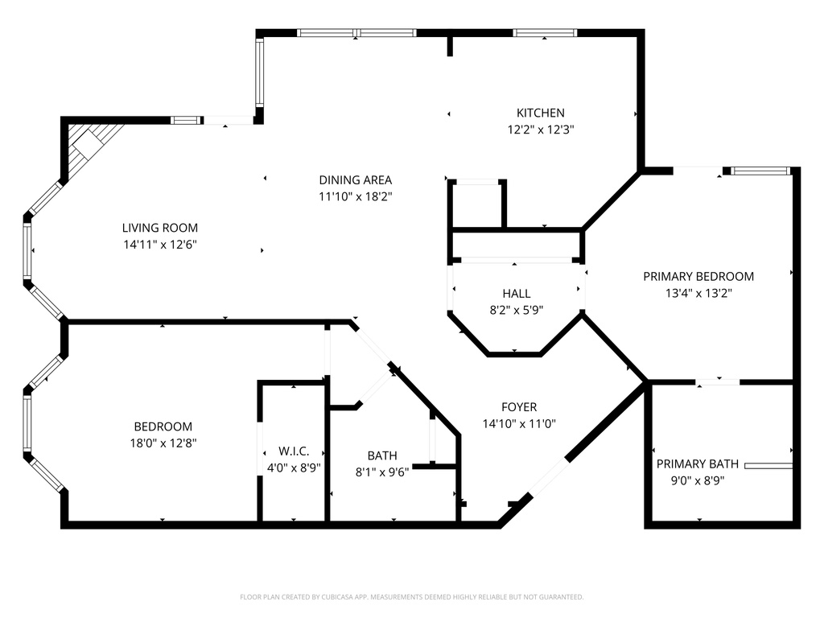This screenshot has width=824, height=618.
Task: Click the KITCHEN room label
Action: click(540, 113)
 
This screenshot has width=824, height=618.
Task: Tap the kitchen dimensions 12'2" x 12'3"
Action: click(540, 129)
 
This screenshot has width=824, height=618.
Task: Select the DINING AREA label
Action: click(355, 180)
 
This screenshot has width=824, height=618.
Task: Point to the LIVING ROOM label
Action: click(159, 228)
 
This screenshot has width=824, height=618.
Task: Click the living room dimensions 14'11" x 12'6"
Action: click(159, 244)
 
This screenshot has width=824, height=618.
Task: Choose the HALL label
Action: click(517, 294)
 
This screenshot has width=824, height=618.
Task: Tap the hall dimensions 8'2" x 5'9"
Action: click(517, 310)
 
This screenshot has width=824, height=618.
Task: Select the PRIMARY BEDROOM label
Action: click(698, 277)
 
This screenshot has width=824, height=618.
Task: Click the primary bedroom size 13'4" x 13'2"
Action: click(698, 293)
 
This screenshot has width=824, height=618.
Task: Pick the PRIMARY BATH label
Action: click(697, 464)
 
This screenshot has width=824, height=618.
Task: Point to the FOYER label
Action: click(519, 407)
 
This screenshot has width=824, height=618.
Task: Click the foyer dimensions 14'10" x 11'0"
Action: click(519, 423)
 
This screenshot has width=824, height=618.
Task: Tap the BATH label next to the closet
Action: click(382, 455)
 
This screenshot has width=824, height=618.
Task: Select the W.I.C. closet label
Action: click(294, 451)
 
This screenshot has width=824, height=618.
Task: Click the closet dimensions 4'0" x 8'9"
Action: click(294, 467)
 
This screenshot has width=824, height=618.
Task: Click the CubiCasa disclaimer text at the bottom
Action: click(411, 597)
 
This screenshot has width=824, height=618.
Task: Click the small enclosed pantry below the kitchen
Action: click(477, 205)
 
